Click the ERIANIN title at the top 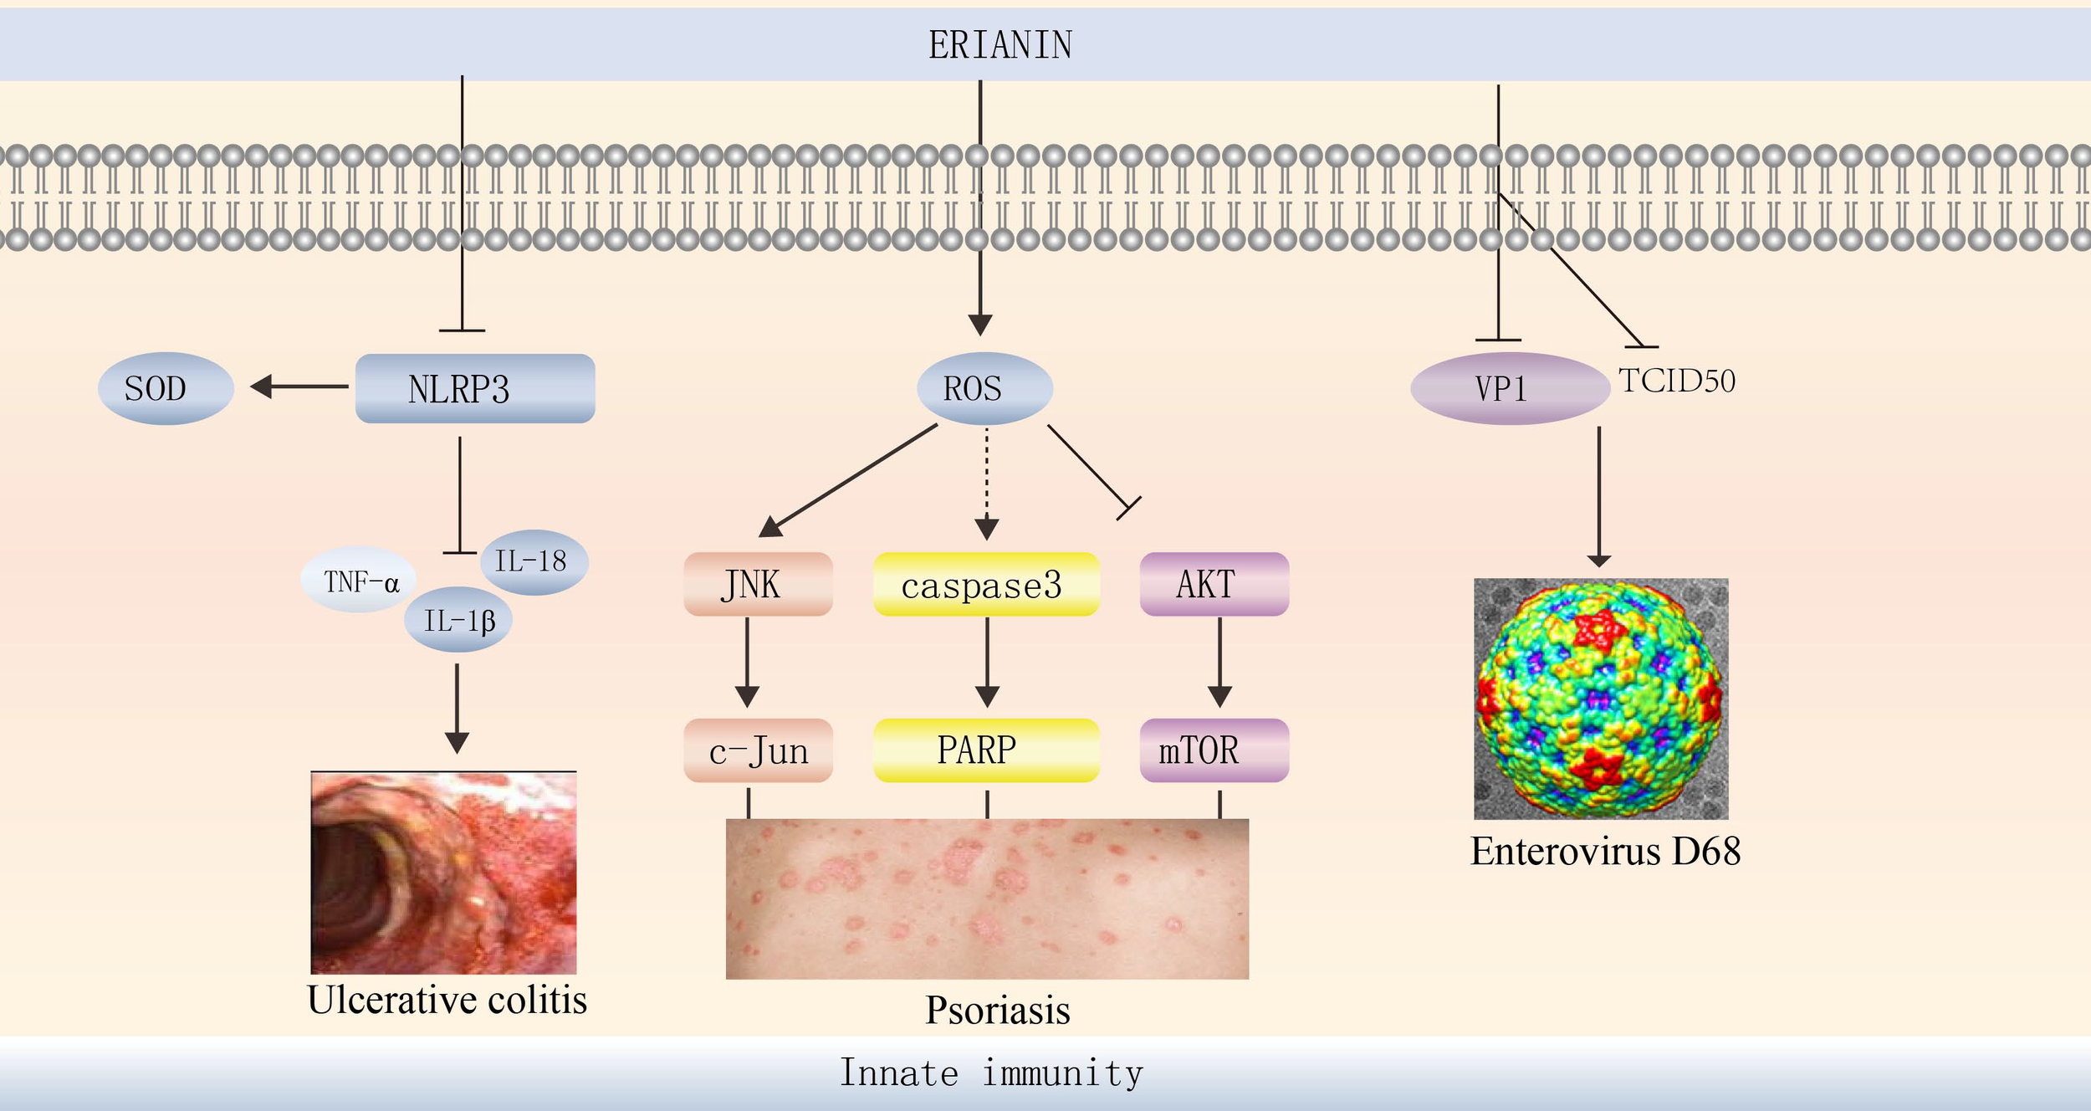pos(1000,45)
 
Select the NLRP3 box pos(475,389)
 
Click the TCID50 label pos(1676,381)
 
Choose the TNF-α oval pos(360,581)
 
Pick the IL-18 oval pos(534,561)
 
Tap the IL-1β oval pos(458,621)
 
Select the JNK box pos(758,584)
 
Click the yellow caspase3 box pos(985,585)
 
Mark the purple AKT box pos(1214,584)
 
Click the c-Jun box pos(758,750)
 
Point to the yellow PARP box pos(985,750)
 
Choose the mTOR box pos(1214,750)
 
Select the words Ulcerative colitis pos(447,1001)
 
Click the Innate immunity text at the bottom pos(991,1073)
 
